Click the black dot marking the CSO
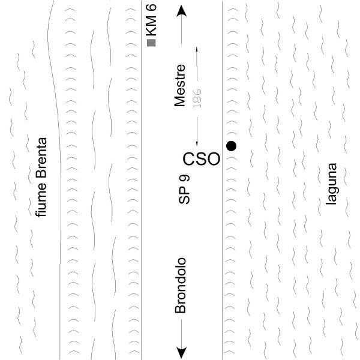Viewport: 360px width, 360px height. [x=231, y=146]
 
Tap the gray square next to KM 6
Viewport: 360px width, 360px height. [x=151, y=43]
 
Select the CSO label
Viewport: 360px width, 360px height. [x=202, y=159]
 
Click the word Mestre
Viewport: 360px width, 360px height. [x=179, y=86]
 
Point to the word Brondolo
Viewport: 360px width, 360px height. [x=180, y=286]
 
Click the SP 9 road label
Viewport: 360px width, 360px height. [x=184, y=190]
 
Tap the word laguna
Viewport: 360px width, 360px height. [x=331, y=184]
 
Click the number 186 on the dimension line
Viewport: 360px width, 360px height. [x=197, y=98]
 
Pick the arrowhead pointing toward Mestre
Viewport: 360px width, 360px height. [x=182, y=11]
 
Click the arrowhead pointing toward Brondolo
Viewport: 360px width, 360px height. [x=181, y=352]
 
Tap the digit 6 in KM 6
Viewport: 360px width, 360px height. [x=151, y=8]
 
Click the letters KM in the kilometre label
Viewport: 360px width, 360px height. [x=151, y=26]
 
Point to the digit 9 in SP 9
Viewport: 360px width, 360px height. [x=184, y=178]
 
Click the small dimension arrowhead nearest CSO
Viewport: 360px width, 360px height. [x=197, y=143]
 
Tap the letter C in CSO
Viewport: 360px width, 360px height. [x=189, y=159]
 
